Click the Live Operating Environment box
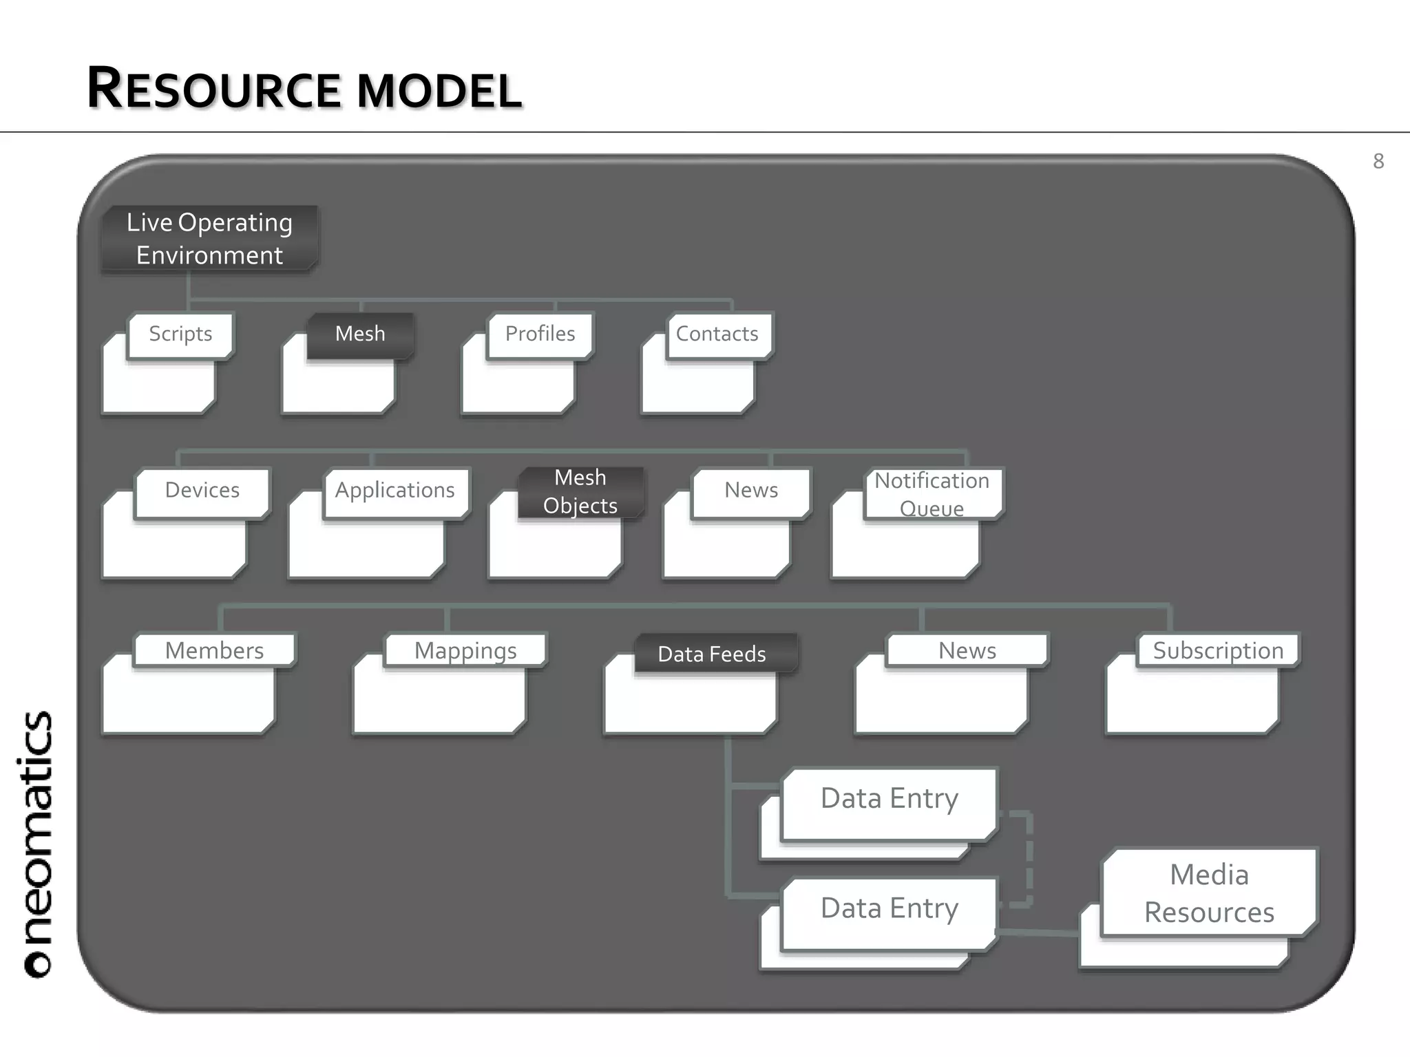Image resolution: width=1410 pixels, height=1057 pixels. tap(209, 239)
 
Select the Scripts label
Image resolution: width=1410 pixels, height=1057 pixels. tap(180, 334)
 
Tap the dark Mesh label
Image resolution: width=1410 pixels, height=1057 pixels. tap(360, 334)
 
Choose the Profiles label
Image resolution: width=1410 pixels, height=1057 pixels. tap(540, 334)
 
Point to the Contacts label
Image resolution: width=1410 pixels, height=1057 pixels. tap(717, 334)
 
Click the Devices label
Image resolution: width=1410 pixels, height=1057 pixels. tap(202, 491)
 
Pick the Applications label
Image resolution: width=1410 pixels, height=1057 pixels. tap(395, 491)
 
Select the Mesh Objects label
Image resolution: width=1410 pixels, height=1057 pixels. tap(580, 491)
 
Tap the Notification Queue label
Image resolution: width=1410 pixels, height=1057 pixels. tap(932, 493)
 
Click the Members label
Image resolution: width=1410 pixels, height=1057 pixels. tap(214, 650)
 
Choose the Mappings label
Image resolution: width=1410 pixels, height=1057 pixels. tap(465, 650)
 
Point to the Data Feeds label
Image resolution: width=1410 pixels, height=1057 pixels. tap(712, 654)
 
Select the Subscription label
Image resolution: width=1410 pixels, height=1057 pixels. tap(1218, 650)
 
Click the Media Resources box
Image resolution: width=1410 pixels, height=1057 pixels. tap(1209, 893)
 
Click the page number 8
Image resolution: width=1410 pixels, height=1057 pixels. tap(1378, 162)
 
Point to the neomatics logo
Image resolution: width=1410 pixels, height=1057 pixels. tap(37, 844)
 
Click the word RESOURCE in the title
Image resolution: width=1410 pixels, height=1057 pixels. tap(214, 89)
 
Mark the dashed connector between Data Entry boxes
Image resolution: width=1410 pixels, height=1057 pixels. tap(1029, 859)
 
